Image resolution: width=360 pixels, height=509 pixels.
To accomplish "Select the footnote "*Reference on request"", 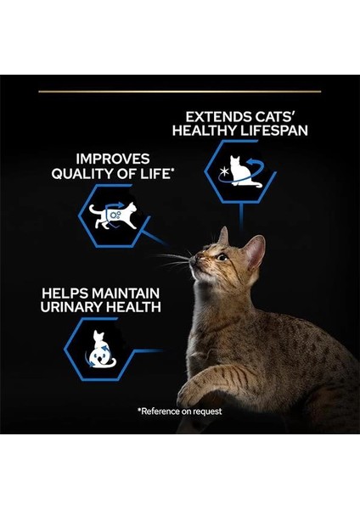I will coord(179,411).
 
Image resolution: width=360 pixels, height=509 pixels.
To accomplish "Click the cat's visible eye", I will coord(220,257).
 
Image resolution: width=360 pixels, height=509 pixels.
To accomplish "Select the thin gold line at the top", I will coord(179,91).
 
